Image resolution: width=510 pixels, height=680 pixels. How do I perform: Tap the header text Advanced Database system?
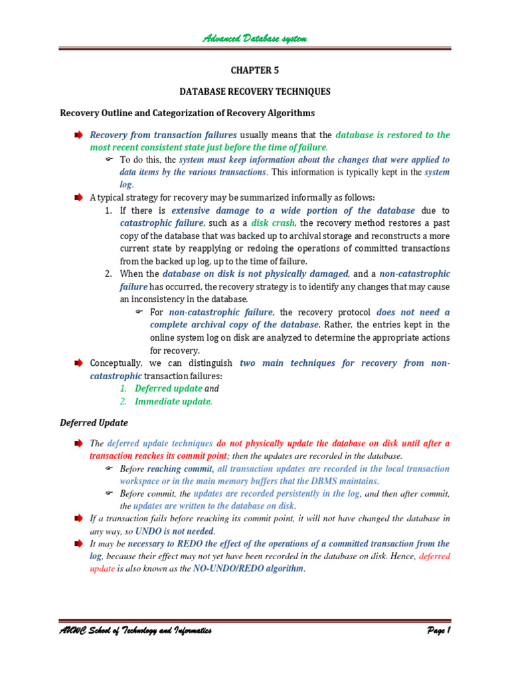pyautogui.click(x=255, y=39)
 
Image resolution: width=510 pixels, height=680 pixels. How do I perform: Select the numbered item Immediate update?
pyautogui.click(x=174, y=401)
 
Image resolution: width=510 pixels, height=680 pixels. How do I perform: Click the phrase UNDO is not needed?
pyautogui.click(x=175, y=531)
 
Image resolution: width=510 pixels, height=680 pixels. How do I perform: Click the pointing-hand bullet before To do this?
pyautogui.click(x=110, y=160)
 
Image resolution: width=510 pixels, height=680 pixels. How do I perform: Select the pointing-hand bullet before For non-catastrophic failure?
pyautogui.click(x=139, y=312)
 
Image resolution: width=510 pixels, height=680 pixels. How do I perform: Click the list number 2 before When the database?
pyautogui.click(x=109, y=274)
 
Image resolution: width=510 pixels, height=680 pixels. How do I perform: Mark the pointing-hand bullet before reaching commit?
pyautogui.click(x=110, y=469)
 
